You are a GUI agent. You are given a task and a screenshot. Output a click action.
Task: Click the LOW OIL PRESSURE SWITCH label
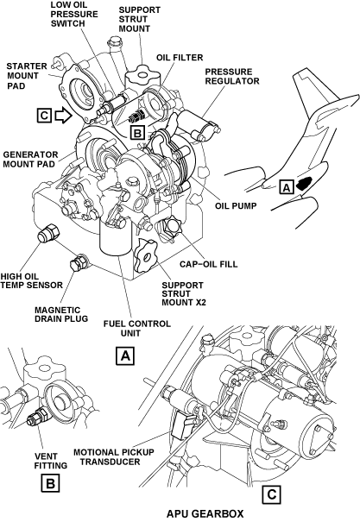pos(74,15)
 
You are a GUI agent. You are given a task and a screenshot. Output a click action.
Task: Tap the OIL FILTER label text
pos(180,58)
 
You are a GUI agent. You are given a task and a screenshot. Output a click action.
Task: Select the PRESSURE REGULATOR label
pos(231,77)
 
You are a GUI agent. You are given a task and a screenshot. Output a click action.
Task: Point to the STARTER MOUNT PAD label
pos(27,76)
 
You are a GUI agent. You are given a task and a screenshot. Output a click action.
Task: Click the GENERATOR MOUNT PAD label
pos(30,160)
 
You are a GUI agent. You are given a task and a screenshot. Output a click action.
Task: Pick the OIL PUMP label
pos(236,205)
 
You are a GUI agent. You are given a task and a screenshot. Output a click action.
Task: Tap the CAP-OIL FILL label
pos(208,264)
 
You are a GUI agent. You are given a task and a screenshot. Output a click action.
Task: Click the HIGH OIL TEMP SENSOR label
pos(31,280)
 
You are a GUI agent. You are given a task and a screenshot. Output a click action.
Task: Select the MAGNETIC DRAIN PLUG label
pos(61,315)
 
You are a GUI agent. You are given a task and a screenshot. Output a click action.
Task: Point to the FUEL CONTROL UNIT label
pos(137,328)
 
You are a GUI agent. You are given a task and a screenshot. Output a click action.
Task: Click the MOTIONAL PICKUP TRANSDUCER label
pos(114,457)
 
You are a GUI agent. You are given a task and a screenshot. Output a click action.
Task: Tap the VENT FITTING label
pos(51,461)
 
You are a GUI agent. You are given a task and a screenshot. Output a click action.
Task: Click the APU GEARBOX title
pos(205,513)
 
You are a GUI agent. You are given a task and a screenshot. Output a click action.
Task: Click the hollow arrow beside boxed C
pos(63,116)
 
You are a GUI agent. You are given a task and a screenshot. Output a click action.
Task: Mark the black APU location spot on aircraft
pos(304,183)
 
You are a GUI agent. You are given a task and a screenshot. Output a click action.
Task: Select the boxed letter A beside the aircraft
pos(287,187)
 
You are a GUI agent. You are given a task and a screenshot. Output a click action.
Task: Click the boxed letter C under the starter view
pos(271,494)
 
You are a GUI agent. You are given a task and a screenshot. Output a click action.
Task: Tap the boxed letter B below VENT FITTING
pos(50,483)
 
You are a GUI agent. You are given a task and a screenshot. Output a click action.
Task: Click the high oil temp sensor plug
pos(48,232)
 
